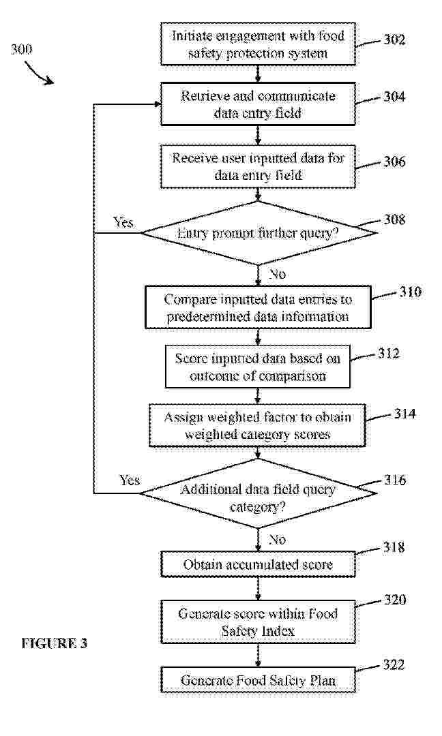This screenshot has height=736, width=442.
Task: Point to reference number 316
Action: [x=394, y=480]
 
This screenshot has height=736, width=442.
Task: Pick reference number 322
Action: [x=394, y=664]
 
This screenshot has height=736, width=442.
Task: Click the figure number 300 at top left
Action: [x=22, y=49]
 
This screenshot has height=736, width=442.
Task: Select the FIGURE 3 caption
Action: [x=55, y=643]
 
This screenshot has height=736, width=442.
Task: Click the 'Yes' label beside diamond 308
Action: [x=123, y=222]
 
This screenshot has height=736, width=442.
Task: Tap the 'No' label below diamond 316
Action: [x=277, y=540]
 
